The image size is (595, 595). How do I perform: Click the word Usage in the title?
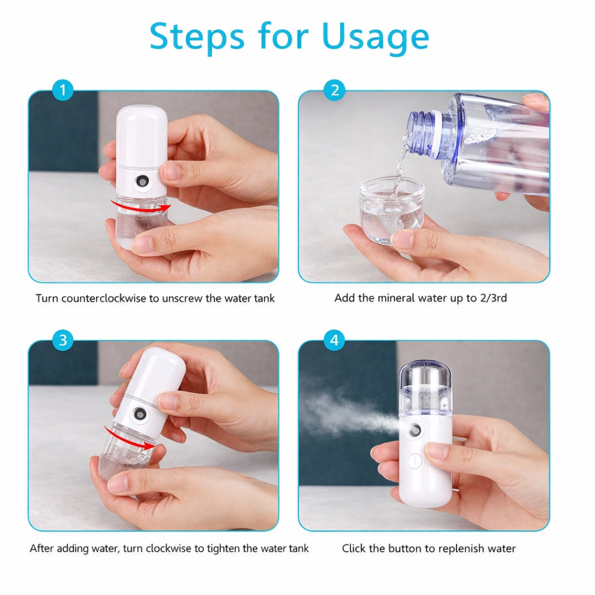(375, 37)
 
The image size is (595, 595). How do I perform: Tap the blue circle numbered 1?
(63, 90)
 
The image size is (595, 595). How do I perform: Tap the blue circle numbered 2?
(334, 90)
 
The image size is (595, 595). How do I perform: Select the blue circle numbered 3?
(63, 340)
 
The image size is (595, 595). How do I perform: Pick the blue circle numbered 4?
(334, 340)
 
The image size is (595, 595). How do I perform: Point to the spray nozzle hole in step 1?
(143, 180)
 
